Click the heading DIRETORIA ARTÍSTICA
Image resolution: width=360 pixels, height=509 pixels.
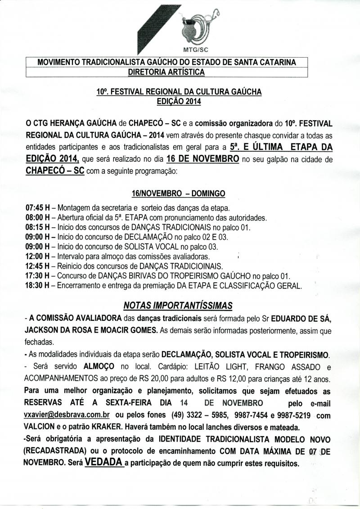166,72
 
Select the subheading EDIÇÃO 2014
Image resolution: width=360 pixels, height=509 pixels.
179,101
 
